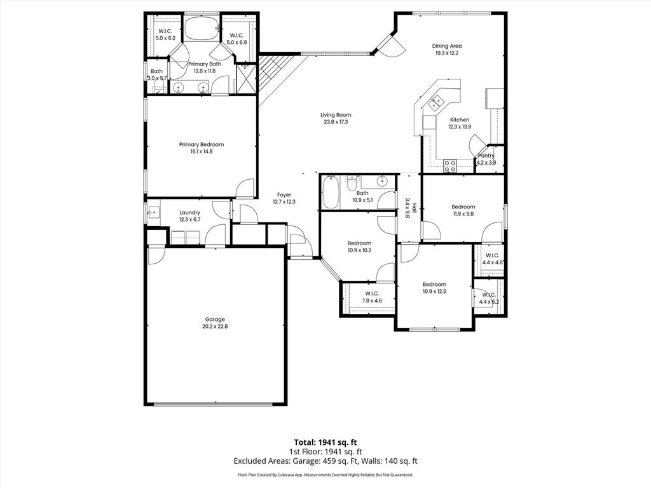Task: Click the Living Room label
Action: [x=336, y=115]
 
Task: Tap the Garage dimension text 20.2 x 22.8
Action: [x=215, y=326]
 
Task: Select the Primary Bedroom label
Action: [x=202, y=144]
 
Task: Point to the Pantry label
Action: [x=486, y=156]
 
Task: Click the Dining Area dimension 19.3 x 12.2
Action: [x=447, y=53]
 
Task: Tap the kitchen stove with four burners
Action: [x=449, y=166]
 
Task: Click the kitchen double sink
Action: [x=435, y=102]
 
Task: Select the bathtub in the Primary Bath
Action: [x=202, y=28]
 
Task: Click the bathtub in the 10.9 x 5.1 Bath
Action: [x=331, y=192]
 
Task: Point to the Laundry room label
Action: [x=189, y=212]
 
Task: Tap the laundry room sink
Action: [x=153, y=213]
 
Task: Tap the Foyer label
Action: [x=284, y=194]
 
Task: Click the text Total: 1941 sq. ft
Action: [x=325, y=442]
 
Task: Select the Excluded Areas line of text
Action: [x=325, y=461]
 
